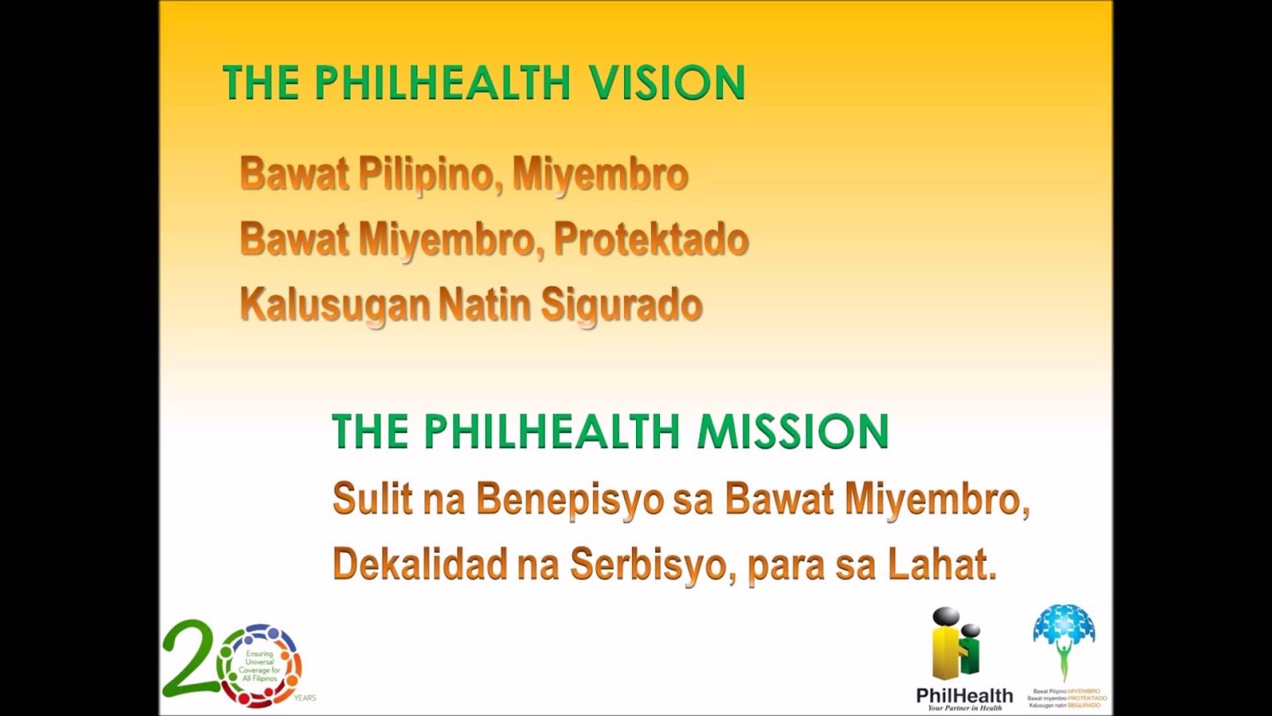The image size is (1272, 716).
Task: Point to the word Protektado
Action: point(651,239)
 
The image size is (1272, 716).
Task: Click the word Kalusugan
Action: point(334,305)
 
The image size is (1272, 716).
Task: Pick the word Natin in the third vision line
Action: point(484,305)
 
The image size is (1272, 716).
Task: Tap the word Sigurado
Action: point(622,305)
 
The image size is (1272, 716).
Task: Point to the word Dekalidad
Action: point(420,565)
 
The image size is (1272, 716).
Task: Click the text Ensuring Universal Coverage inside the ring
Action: point(260,666)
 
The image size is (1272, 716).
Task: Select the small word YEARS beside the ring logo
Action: point(304,698)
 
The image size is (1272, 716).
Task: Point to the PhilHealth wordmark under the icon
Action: point(964,695)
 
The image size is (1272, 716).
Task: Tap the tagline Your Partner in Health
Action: point(964,707)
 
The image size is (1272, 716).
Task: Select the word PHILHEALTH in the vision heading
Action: point(443,83)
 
